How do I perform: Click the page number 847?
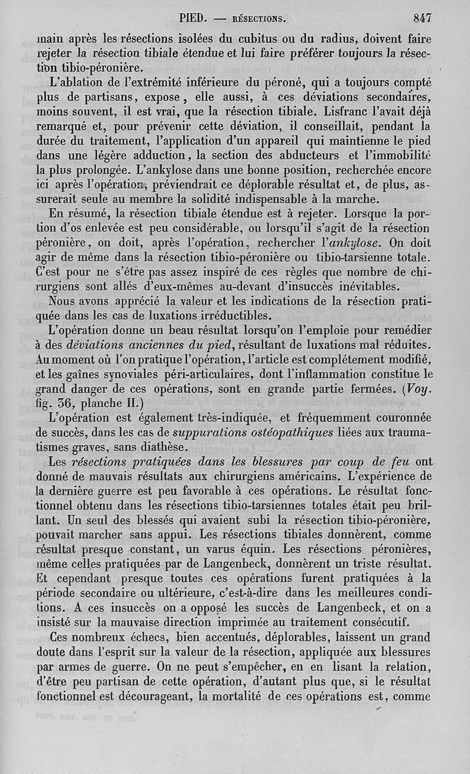pos(422,18)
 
